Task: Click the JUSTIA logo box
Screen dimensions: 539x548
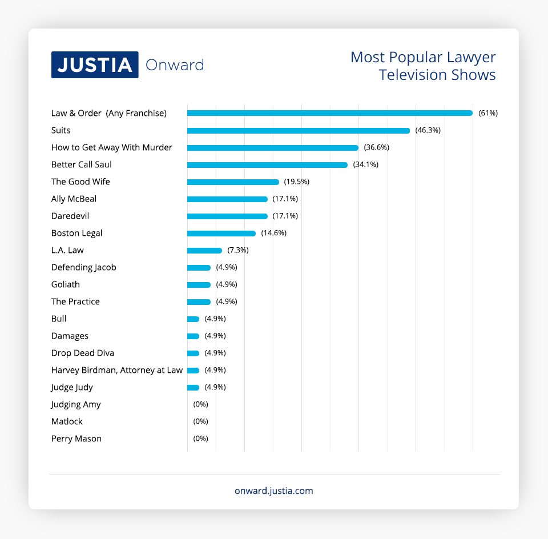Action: [95, 65]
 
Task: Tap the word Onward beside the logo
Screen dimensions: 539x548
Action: [175, 65]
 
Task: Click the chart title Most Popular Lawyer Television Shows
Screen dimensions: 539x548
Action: [423, 66]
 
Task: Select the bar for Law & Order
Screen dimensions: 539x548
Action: [330, 113]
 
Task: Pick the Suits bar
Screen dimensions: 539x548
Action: [299, 131]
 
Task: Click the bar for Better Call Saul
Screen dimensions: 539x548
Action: [267, 165]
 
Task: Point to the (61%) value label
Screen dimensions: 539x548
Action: [488, 113]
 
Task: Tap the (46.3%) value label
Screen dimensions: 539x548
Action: [428, 131]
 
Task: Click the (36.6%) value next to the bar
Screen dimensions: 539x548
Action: [376, 148]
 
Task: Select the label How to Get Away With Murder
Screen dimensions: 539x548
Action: [112, 148]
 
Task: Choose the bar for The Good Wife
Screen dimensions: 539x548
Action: [233, 182]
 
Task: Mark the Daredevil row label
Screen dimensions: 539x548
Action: [70, 216]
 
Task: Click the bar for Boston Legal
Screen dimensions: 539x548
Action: [221, 234]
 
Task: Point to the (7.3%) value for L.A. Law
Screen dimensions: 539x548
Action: [238, 251]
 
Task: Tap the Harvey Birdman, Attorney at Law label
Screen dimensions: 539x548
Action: [117, 371]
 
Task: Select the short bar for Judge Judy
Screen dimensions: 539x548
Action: [194, 388]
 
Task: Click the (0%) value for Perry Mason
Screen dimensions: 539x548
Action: [201, 439]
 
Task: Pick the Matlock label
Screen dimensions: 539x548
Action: [67, 422]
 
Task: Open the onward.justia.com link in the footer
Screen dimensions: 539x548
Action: [274, 491]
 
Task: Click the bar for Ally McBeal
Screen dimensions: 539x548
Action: [227, 199]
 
